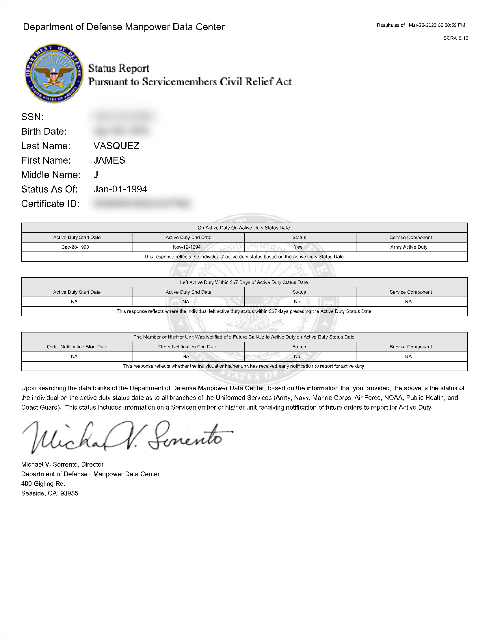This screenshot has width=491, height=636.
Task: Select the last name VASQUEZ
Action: click(x=116, y=146)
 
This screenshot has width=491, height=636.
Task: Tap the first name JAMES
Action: click(x=109, y=160)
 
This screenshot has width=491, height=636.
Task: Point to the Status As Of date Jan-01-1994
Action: click(x=120, y=189)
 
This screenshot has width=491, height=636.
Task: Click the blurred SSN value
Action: click(x=122, y=117)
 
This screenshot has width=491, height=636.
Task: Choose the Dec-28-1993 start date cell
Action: click(x=75, y=247)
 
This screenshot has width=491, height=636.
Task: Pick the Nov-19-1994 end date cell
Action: click(x=187, y=247)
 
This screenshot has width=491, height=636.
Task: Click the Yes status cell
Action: click(x=298, y=247)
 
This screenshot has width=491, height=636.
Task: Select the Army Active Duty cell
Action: click(x=409, y=247)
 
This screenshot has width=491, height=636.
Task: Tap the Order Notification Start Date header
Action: click(x=77, y=347)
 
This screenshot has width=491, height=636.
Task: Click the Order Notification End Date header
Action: click(x=188, y=347)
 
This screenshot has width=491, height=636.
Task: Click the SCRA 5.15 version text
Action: click(x=455, y=38)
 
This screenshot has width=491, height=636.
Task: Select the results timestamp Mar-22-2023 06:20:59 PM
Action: click(x=437, y=25)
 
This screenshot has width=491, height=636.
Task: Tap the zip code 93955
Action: click(x=69, y=493)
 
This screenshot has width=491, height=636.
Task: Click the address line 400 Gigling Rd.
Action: click(x=43, y=484)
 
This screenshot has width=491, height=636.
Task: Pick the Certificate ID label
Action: click(x=50, y=204)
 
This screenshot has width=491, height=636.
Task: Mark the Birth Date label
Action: click(x=44, y=132)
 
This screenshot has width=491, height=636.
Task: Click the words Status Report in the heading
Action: click(x=119, y=69)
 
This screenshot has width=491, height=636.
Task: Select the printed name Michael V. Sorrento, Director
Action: click(x=62, y=464)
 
